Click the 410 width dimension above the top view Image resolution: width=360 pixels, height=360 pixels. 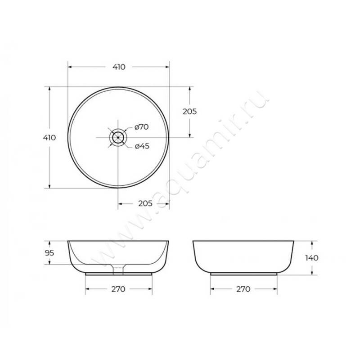tap(119, 67)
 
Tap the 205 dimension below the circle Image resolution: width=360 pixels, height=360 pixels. tap(144, 204)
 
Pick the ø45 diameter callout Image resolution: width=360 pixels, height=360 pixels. tap(142, 146)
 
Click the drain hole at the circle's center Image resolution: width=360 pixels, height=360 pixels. tap(118, 137)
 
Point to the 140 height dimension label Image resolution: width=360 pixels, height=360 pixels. tap(311, 258)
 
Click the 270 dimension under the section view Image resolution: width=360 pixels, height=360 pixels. tap(118, 289)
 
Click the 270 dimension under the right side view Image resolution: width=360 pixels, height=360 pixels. tap(243, 289)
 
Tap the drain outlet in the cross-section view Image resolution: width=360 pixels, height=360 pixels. tap(118, 269)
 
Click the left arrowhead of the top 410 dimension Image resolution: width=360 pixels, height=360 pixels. tap(70, 67)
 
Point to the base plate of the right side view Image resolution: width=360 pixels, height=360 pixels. tap(243, 273)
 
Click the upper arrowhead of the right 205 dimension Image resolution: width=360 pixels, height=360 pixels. tap(191, 89)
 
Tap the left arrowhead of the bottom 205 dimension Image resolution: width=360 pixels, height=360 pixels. tap(120, 204)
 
